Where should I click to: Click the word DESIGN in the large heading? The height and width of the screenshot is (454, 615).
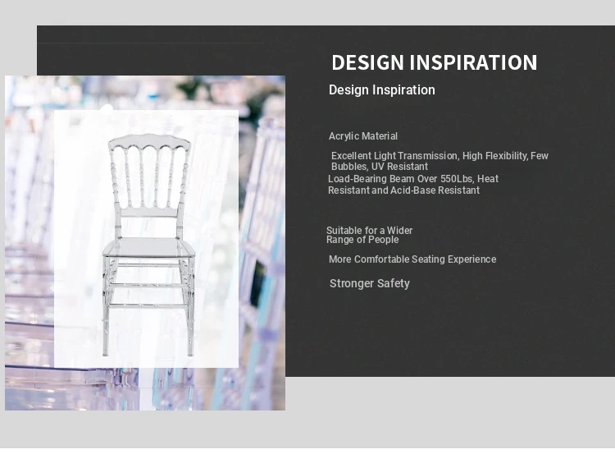pyautogui.click(x=367, y=62)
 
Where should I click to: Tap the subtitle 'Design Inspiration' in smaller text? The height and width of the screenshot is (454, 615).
pyautogui.click(x=381, y=90)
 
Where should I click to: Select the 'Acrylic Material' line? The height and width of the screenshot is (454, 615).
pyautogui.click(x=362, y=136)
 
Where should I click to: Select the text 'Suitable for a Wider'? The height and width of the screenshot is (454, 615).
pyautogui.click(x=369, y=231)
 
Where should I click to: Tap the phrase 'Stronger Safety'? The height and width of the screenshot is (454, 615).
pyautogui.click(x=370, y=283)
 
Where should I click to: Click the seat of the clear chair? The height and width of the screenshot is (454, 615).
pyautogui.click(x=148, y=247)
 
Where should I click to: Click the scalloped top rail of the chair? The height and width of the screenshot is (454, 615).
pyautogui.click(x=149, y=140)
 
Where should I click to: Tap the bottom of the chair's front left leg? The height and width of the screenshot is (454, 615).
pyautogui.click(x=105, y=354)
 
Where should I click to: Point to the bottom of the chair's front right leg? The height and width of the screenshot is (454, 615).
pyautogui.click(x=190, y=354)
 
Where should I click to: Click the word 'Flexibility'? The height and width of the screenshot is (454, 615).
pyautogui.click(x=507, y=156)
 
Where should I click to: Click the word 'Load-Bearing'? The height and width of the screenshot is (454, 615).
pyautogui.click(x=358, y=179)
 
